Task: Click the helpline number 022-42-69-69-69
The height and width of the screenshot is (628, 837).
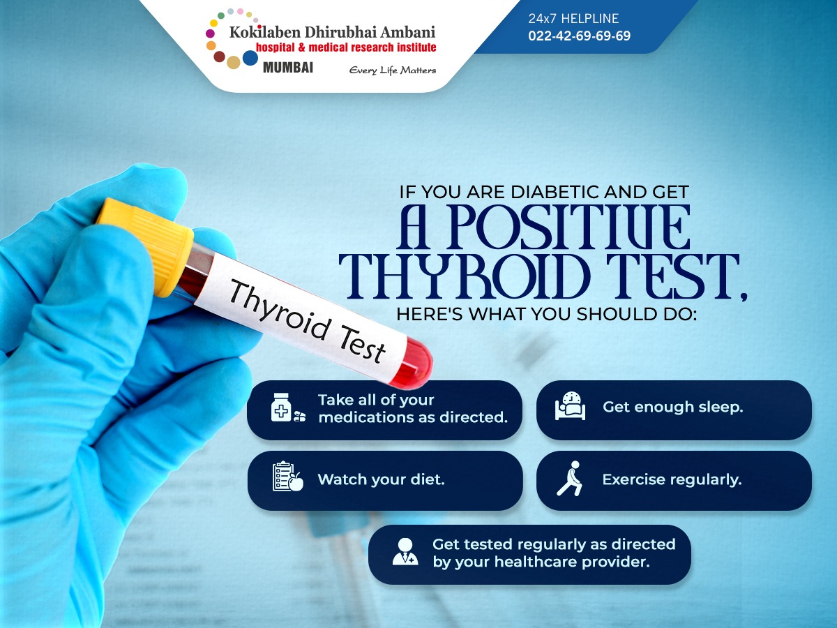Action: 579,36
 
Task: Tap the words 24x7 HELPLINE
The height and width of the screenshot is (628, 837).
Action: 573,18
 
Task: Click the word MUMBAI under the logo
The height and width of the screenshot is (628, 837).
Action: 288,68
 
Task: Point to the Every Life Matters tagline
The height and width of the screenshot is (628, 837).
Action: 393,70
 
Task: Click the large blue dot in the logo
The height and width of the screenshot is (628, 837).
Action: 250,58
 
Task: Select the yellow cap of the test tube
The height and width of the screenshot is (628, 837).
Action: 146,246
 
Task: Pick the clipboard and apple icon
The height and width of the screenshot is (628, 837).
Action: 288,477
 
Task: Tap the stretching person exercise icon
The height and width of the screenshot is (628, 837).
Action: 570,478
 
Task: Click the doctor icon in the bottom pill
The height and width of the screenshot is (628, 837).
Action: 405,551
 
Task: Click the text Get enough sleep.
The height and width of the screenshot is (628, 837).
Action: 673,407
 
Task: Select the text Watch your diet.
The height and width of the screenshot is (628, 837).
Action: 382,479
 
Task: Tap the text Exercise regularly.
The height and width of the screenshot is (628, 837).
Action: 672,479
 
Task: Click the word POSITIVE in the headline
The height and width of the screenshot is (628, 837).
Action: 568,227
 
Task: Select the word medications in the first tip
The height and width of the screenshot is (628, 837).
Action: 366,417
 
